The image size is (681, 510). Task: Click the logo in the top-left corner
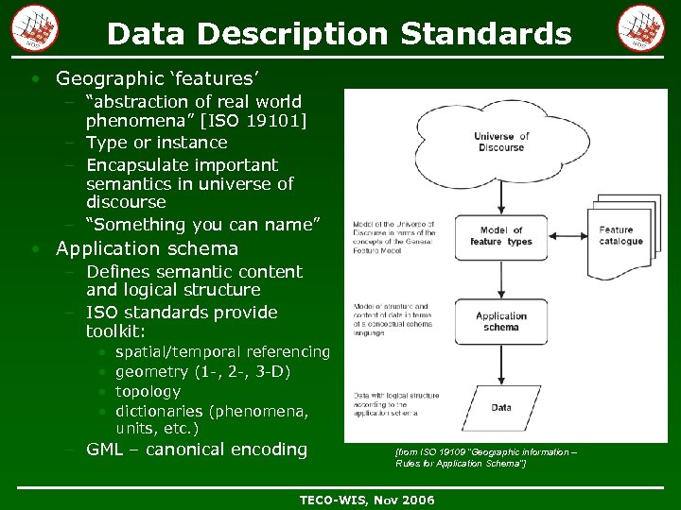click(x=35, y=27)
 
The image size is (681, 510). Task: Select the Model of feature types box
click(x=500, y=236)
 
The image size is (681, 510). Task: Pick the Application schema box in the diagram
click(x=500, y=322)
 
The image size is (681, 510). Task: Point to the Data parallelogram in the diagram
click(x=500, y=408)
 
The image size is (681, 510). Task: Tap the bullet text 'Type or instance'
click(x=156, y=143)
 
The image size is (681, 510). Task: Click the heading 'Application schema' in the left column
click(x=147, y=248)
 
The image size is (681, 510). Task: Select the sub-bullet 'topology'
click(x=148, y=391)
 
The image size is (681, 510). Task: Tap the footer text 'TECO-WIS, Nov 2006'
click(x=366, y=500)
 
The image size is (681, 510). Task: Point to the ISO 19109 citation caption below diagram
click(x=484, y=458)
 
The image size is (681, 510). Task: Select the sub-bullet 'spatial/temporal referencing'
click(x=222, y=351)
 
